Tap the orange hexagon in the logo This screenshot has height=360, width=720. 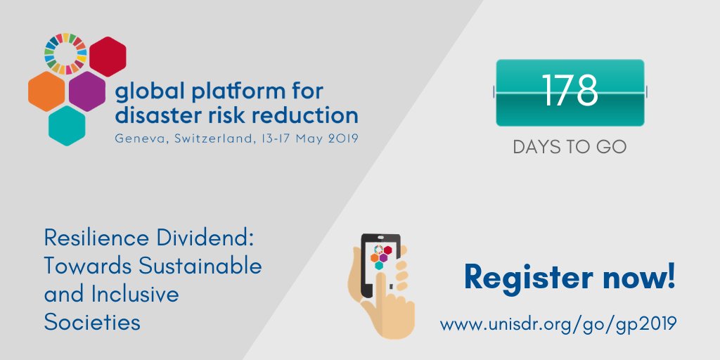point(47,91)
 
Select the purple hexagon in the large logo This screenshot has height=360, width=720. point(87,91)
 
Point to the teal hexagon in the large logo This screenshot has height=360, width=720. point(67,125)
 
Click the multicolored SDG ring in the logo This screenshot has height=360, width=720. point(65,53)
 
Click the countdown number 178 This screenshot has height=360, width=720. point(570,92)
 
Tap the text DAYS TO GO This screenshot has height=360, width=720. point(570,148)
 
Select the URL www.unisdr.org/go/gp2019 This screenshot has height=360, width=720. point(558,324)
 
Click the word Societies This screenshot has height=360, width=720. point(92,322)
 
